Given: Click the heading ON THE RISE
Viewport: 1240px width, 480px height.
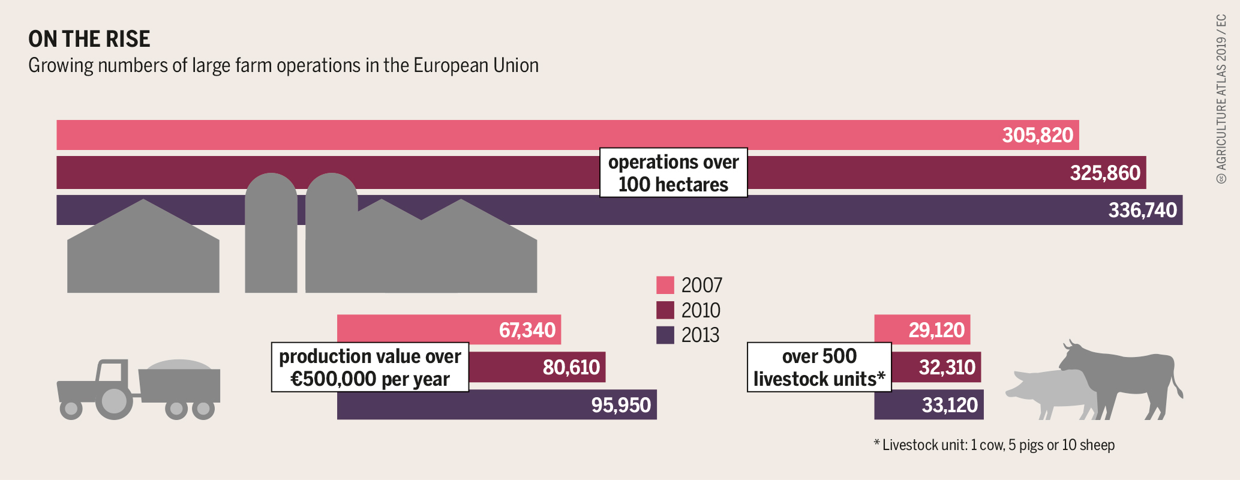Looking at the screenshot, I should pyautogui.click(x=89, y=39).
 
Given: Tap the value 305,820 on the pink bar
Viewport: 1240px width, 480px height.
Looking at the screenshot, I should pyautogui.click(x=1037, y=135).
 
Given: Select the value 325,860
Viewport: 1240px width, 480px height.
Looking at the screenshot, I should pyautogui.click(x=1105, y=173).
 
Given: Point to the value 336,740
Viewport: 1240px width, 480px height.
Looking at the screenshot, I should pyautogui.click(x=1142, y=210).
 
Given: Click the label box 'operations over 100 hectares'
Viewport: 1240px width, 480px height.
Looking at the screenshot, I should pyautogui.click(x=673, y=173).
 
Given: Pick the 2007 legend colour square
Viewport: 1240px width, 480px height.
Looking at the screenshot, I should pyautogui.click(x=665, y=285).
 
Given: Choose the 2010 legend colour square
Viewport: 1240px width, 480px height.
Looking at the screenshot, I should pyautogui.click(x=665, y=310).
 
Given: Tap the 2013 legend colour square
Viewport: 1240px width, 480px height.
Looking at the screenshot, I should pyautogui.click(x=665, y=335).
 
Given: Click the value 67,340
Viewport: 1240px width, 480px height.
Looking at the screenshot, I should pyautogui.click(x=527, y=330).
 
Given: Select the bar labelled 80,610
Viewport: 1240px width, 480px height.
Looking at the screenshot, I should pyautogui.click(x=537, y=367).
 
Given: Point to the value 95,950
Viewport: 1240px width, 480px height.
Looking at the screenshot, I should pyautogui.click(x=621, y=405).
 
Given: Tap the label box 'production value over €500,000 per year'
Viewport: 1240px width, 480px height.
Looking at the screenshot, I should pyautogui.click(x=370, y=367).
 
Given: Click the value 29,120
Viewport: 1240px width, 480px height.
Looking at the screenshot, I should pyautogui.click(x=936, y=330).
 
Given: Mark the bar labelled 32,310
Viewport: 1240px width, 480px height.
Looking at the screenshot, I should pyautogui.click(x=936, y=367).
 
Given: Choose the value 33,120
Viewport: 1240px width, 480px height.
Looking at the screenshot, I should pyautogui.click(x=950, y=405).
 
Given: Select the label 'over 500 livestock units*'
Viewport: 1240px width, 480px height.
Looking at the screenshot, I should pyautogui.click(x=819, y=367).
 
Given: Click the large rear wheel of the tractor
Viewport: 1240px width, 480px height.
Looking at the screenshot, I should pyautogui.click(x=114, y=401).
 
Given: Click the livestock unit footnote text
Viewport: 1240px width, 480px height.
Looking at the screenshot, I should pyautogui.click(x=994, y=445).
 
